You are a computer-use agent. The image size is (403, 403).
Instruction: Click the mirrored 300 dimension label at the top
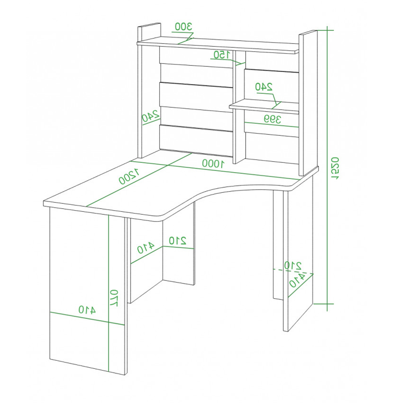point(183,26)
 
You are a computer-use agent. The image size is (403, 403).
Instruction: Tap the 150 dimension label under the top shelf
point(222,55)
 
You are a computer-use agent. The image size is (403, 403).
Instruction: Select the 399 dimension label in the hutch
point(272,119)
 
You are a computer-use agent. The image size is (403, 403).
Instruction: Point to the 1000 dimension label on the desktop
point(213,163)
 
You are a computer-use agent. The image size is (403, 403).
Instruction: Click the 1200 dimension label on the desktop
point(129,176)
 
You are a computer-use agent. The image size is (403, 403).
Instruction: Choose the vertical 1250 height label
point(335,168)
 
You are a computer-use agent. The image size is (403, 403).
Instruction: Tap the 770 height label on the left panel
point(114,298)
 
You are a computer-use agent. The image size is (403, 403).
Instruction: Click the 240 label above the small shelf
point(264,87)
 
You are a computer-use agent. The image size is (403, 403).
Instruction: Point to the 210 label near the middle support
point(178,240)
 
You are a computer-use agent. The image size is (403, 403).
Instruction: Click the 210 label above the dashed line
point(293,266)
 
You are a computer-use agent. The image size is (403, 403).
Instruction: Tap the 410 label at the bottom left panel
point(87,310)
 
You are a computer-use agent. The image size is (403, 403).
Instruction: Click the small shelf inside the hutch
point(264,107)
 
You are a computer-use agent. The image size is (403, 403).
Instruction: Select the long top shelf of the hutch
point(218,45)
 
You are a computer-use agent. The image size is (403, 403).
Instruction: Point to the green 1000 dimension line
point(214,170)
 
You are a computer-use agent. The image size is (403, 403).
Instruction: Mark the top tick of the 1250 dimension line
point(327,30)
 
